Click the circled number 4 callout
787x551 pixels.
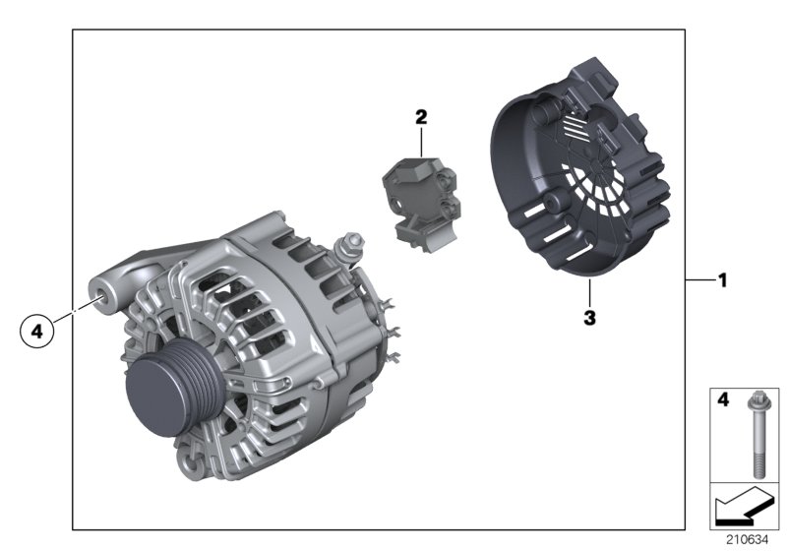click(x=37, y=333)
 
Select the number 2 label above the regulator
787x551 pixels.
click(x=421, y=117)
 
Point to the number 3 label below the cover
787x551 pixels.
click(x=588, y=317)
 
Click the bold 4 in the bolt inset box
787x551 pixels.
click(x=720, y=401)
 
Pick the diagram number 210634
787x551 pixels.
click(x=748, y=539)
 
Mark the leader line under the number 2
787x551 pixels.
click(x=421, y=141)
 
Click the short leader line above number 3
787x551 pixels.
click(x=588, y=294)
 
